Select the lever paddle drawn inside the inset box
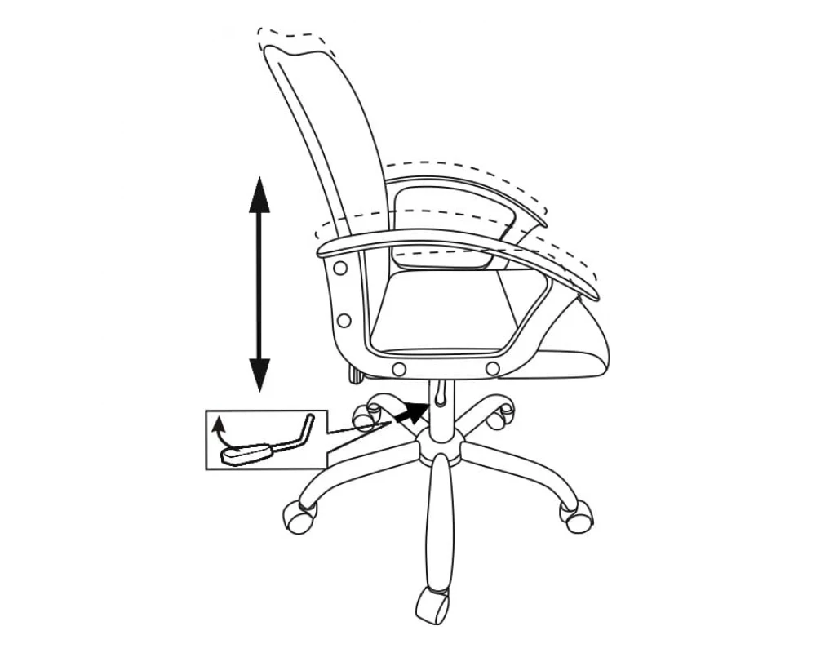[x=249, y=453]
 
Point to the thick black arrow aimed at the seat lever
[x=412, y=411]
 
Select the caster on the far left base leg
[x=297, y=516]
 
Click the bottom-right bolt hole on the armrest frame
[x=491, y=370]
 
